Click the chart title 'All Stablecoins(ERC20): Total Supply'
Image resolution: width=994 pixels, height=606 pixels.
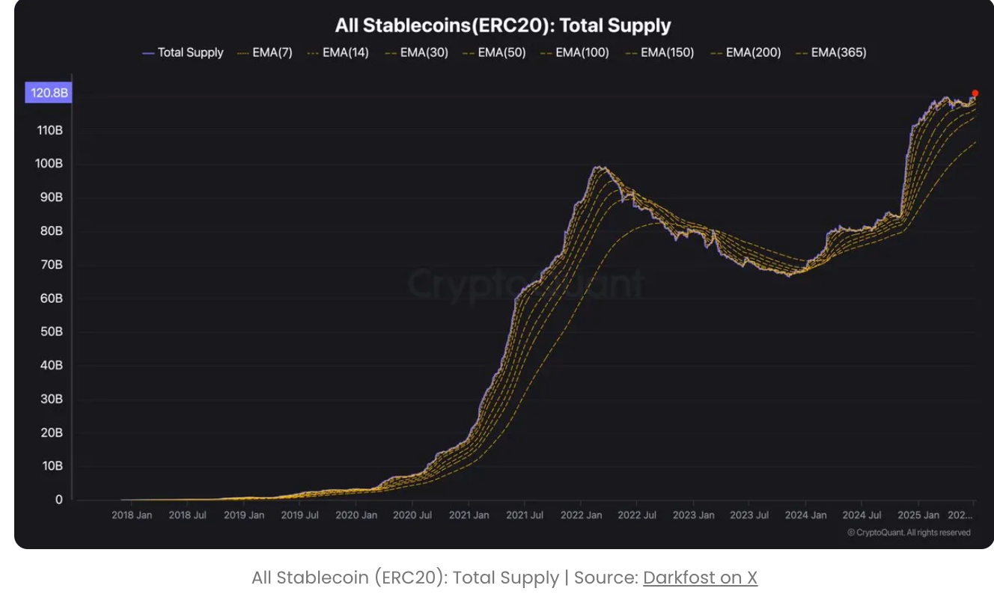(x=502, y=25)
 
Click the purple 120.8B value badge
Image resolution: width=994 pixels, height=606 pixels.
(x=49, y=94)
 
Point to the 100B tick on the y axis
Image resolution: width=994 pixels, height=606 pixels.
(x=49, y=164)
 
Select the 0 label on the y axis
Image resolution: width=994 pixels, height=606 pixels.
(x=58, y=500)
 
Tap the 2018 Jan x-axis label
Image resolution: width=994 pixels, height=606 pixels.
(x=132, y=515)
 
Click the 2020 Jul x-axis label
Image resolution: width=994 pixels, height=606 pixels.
(x=412, y=515)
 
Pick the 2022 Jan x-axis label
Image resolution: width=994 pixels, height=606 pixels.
(x=582, y=515)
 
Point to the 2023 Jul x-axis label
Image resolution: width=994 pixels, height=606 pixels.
(x=749, y=515)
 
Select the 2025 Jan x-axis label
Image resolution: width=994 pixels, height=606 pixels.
(x=918, y=515)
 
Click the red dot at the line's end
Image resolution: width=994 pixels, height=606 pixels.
(x=975, y=94)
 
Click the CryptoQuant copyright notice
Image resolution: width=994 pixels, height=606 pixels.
(x=909, y=533)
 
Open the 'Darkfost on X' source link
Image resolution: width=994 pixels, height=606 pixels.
(x=700, y=578)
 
